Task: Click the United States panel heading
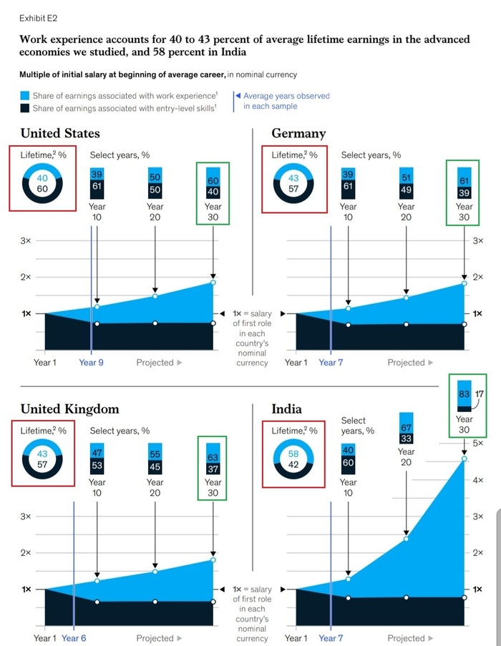[60, 133]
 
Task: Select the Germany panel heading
[298, 133]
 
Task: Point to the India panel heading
[286, 409]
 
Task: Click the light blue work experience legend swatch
[25, 96]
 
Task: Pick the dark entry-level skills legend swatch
[25, 108]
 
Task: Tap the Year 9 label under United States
[91, 363]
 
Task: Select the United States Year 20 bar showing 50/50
[155, 183]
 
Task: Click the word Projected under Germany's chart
[406, 363]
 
